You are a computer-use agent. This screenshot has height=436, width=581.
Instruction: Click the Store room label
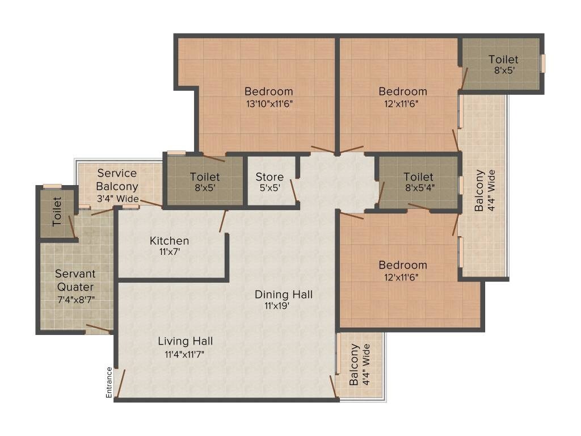[x=269, y=177]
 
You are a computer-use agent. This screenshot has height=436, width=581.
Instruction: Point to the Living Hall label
[x=185, y=341]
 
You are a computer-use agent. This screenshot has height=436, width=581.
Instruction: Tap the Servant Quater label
[x=75, y=280]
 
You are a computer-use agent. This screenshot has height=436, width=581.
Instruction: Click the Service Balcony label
[x=117, y=179]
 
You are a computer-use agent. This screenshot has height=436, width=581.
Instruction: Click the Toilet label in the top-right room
[x=503, y=60]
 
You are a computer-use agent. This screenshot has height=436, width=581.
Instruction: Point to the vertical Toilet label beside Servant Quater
[x=57, y=212]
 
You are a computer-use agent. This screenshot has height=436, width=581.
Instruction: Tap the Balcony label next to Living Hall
[x=355, y=364]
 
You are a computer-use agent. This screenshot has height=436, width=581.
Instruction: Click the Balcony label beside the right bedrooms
[x=480, y=191]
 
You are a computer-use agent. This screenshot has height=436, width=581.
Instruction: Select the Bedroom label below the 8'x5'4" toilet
[x=403, y=265]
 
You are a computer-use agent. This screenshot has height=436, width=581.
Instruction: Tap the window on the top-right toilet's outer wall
[x=543, y=63]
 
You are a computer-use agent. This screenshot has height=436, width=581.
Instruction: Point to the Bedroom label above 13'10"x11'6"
[x=268, y=91]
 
